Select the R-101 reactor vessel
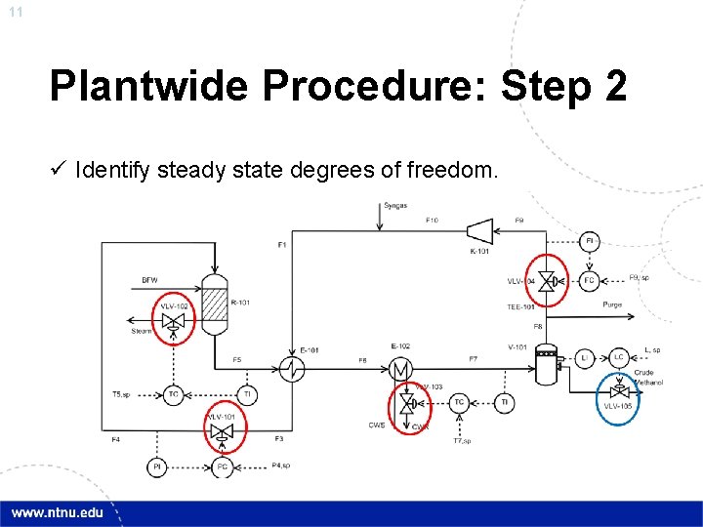tap(214, 303)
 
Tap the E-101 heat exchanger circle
tap(292, 369)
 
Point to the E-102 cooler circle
tap(400, 369)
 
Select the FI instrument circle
tap(589, 241)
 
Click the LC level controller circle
tap(618, 357)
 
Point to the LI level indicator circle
tap(583, 357)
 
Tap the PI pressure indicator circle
tap(157, 467)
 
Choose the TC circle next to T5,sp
tap(173, 394)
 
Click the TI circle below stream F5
tap(247, 394)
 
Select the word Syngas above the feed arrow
tap(395, 206)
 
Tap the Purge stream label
tap(612, 304)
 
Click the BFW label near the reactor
tap(149, 280)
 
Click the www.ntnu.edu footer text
tap(56, 513)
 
